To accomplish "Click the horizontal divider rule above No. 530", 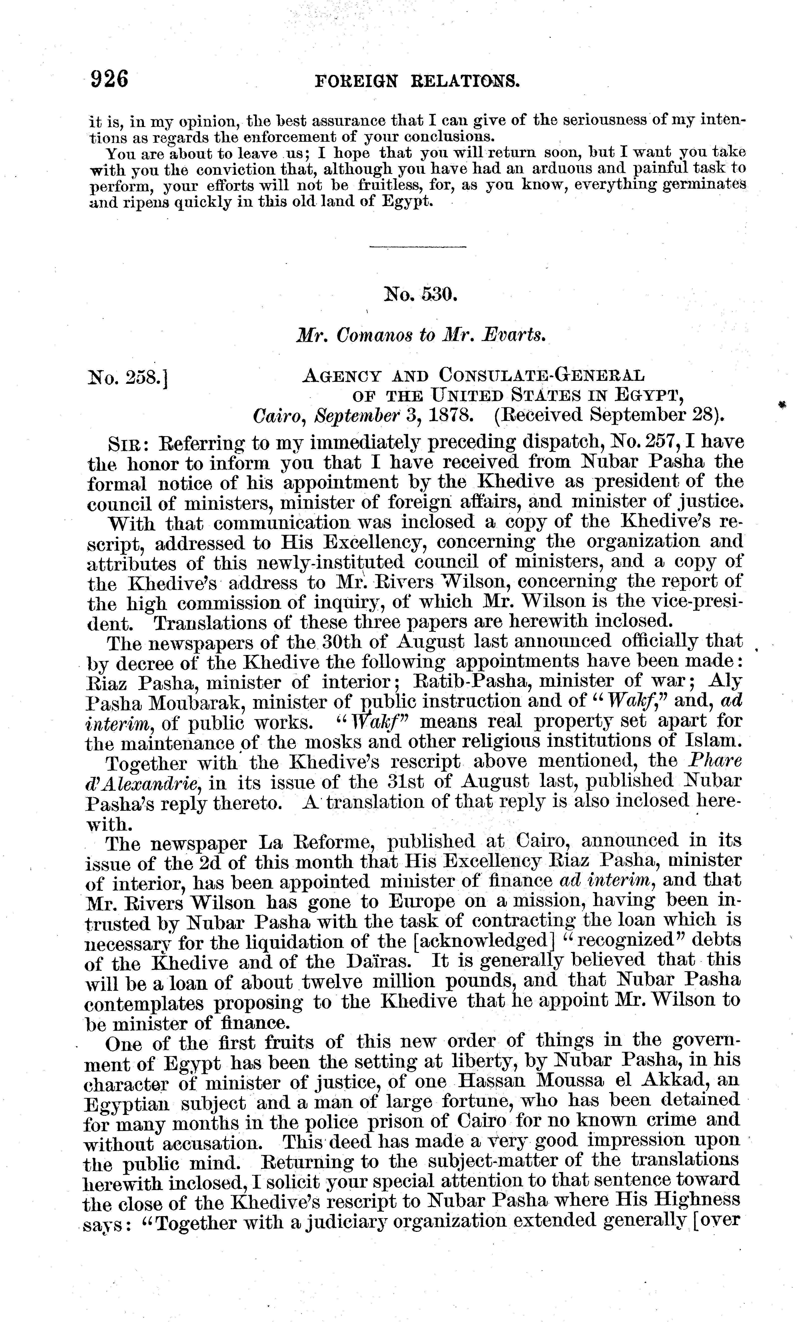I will [x=418, y=247].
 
